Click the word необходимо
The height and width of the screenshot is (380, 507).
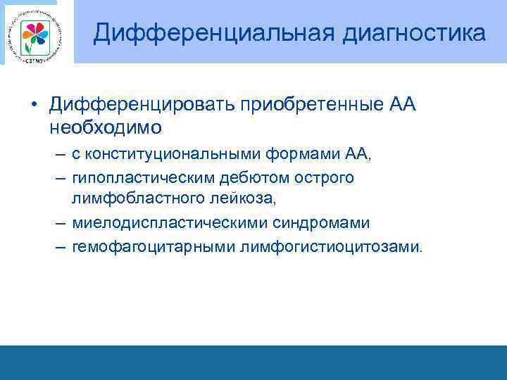106,127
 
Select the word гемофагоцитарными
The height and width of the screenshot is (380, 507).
153,247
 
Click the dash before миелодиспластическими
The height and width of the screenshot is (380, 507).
58,224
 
